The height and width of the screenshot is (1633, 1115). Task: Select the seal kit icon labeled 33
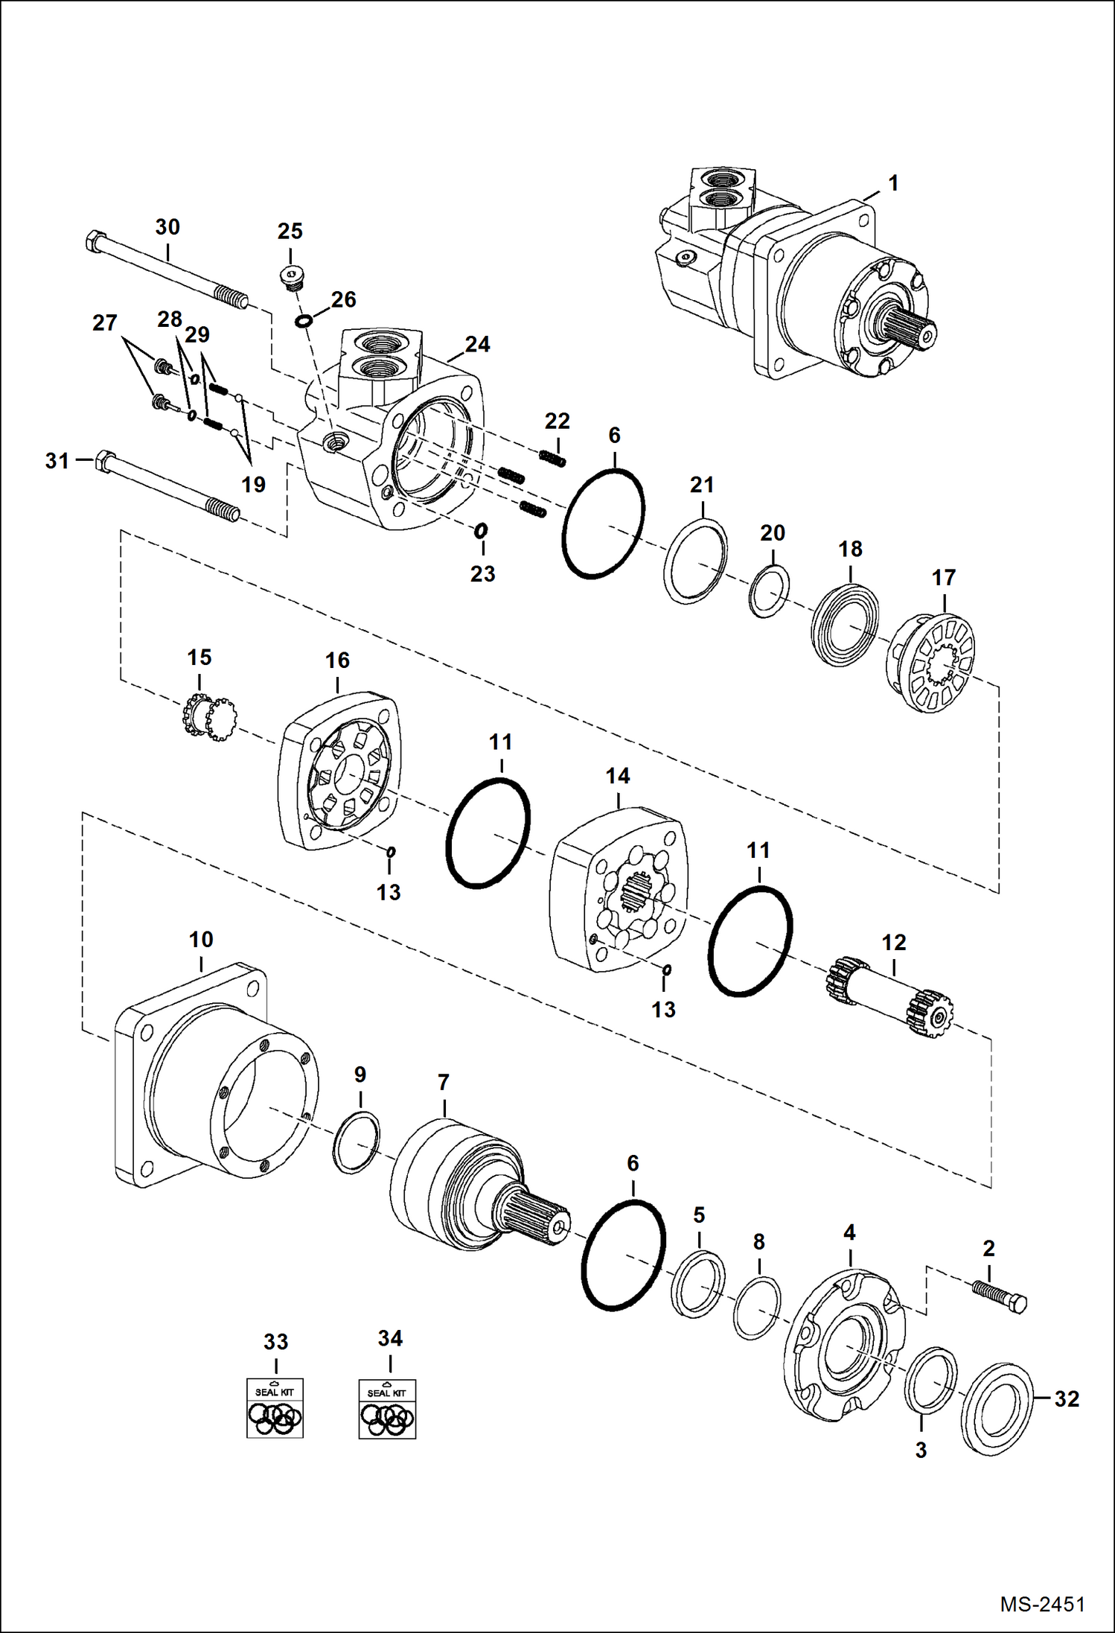click(x=275, y=1407)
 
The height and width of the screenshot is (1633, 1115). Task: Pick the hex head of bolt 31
click(x=105, y=462)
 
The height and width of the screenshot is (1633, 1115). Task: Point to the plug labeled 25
click(x=291, y=278)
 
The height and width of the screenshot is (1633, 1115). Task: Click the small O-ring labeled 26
click(x=303, y=321)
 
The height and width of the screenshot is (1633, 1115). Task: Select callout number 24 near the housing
click(x=477, y=344)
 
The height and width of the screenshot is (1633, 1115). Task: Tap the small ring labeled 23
click(x=481, y=530)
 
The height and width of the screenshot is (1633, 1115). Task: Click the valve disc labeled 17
click(x=932, y=663)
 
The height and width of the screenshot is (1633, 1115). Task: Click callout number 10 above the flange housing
click(x=201, y=940)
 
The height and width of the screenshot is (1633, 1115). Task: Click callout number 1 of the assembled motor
click(x=892, y=183)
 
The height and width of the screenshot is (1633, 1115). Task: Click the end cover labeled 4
click(x=846, y=1352)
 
